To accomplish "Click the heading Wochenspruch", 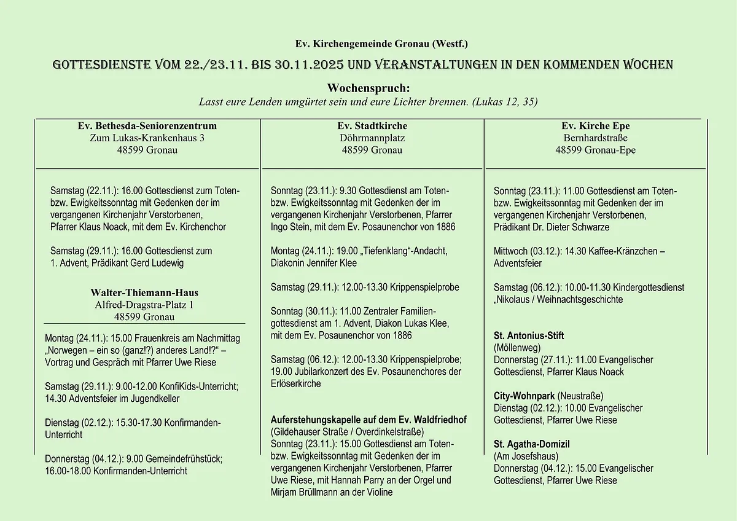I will click(368, 89).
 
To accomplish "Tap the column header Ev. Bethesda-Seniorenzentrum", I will click(147, 126).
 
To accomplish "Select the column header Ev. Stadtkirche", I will click(372, 126).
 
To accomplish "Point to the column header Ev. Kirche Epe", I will click(595, 126).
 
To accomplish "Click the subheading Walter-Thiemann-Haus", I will click(144, 292).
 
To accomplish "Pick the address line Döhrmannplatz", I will click(372, 138).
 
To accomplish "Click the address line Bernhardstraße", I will click(595, 138).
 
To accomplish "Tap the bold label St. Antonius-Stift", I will click(529, 335).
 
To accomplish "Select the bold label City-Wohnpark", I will click(524, 396).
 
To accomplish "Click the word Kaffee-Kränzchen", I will click(620, 251).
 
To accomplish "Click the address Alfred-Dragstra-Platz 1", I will click(144, 305).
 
